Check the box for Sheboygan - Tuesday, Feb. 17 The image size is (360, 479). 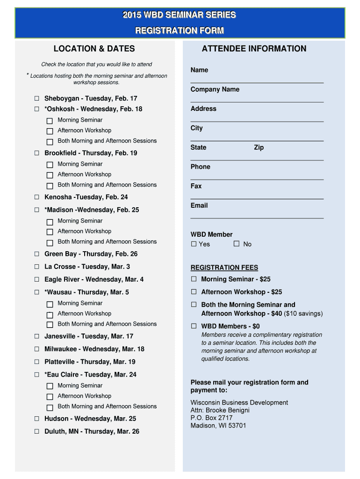point(36,99)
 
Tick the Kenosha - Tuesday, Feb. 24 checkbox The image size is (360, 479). point(36,197)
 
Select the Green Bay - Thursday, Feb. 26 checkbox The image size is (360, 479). point(36,254)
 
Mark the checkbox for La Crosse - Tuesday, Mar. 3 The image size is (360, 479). point(36,267)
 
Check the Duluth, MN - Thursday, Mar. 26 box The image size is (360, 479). point(36,432)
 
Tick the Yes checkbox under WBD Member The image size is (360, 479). point(194,244)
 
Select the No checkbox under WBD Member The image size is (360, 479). point(237,244)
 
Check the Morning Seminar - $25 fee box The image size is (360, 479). point(194,279)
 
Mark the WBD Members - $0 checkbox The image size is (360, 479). point(194,326)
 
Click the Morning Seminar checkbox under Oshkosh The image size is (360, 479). point(50,121)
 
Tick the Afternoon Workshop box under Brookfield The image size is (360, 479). point(50,175)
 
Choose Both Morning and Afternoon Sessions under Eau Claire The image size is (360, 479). point(50,407)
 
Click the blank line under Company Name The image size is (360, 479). point(257,102)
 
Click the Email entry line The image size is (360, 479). point(257,218)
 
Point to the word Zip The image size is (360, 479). point(259,147)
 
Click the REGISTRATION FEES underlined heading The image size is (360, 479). point(224,268)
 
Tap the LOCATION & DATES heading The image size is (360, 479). point(94,49)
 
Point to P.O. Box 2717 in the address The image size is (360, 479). point(211,418)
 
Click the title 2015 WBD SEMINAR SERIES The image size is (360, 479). point(180,15)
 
